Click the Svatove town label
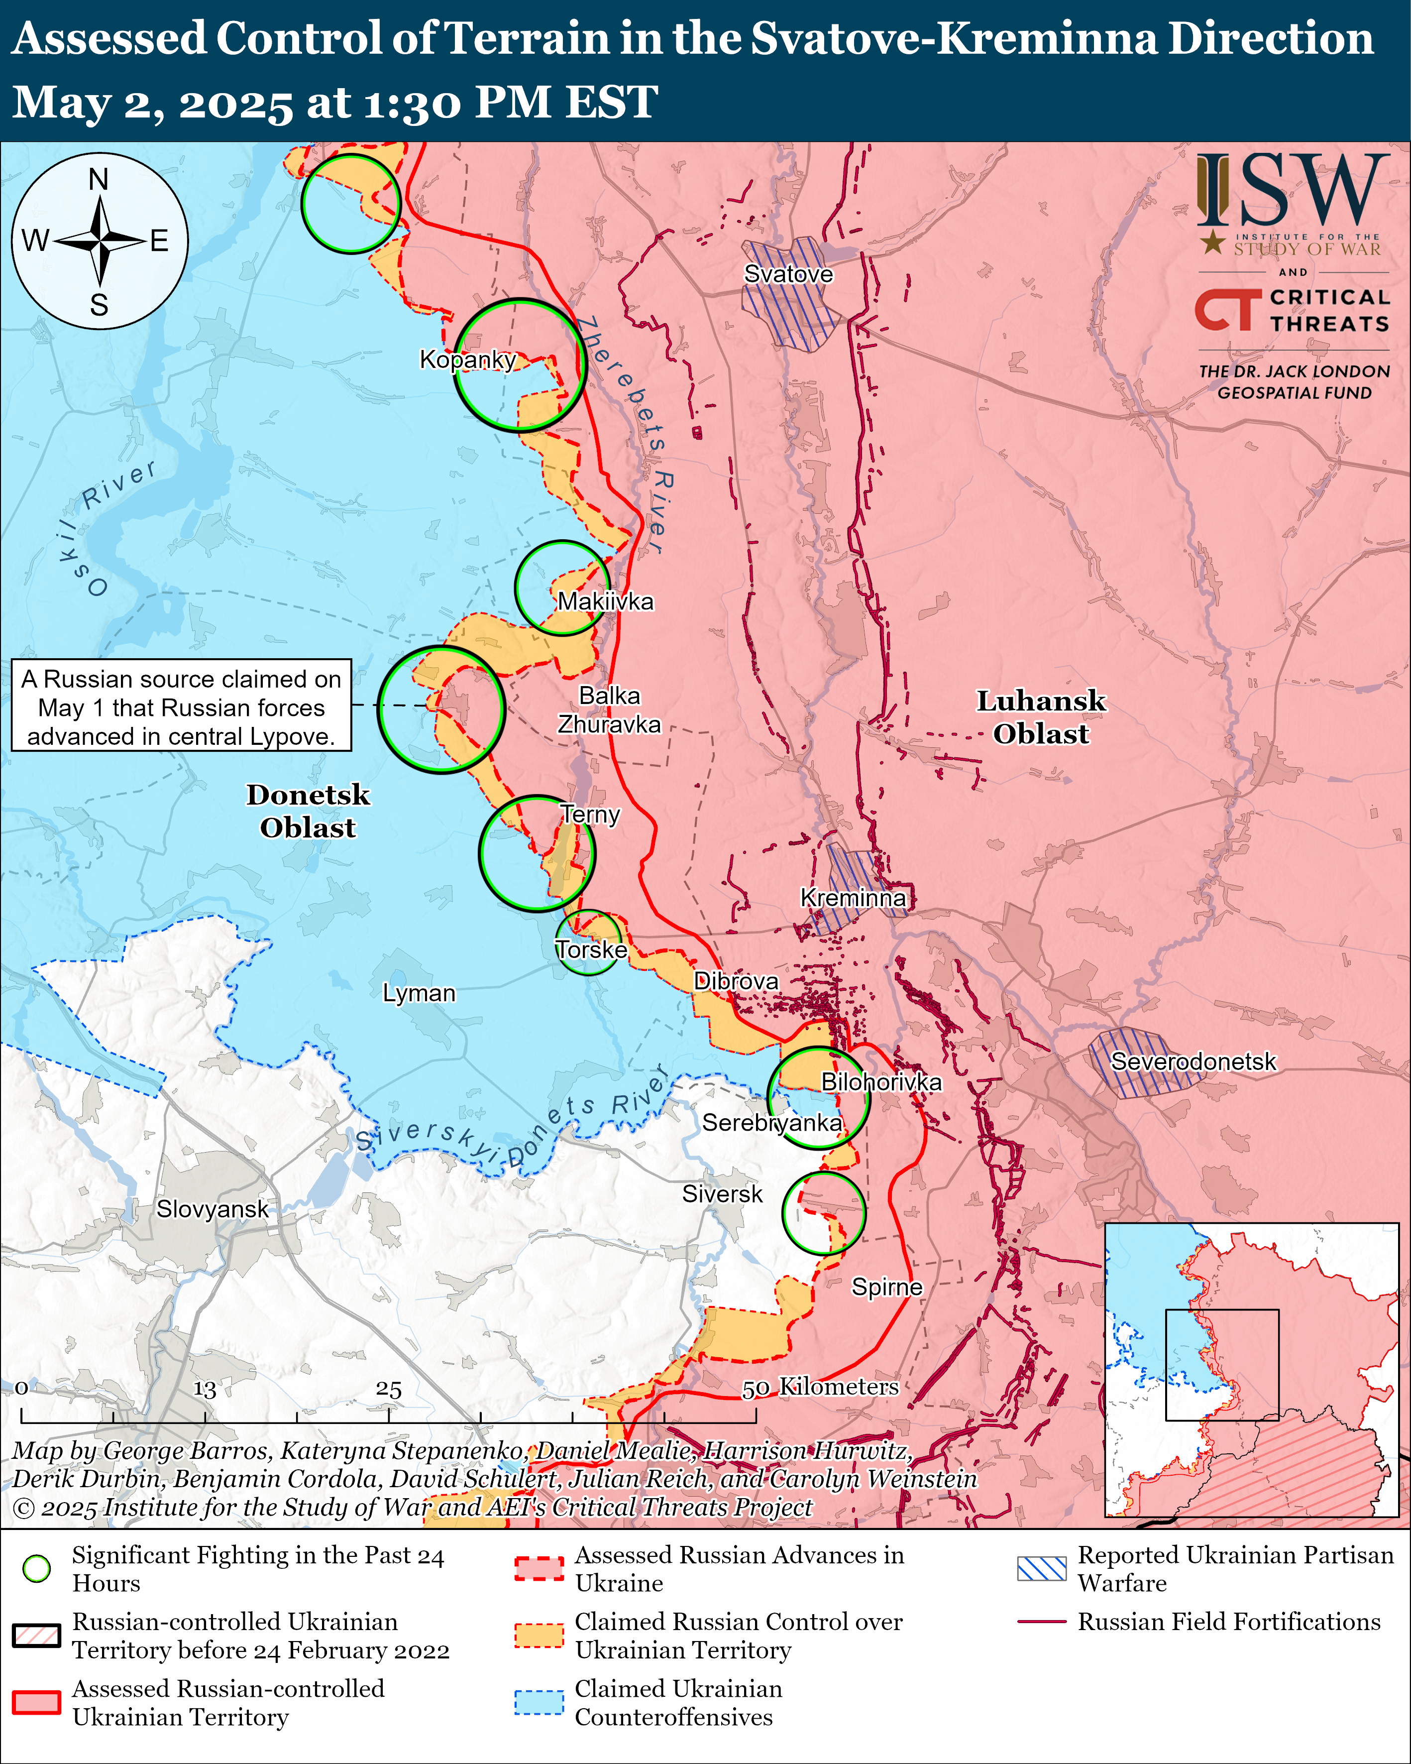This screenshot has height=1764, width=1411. coord(788,274)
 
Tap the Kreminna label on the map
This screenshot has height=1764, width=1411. coord(853,898)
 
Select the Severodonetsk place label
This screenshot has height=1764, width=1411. coord(1193,1061)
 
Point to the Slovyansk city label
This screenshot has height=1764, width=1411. coord(212,1208)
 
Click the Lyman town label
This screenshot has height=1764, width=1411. coord(419,992)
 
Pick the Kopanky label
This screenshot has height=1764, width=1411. coord(467,359)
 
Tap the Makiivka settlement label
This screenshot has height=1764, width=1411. coord(605,601)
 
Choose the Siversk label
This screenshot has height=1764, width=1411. coord(722,1194)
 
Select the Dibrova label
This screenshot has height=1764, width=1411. coord(736,980)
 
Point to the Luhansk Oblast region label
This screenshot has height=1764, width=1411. coord(1041,717)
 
